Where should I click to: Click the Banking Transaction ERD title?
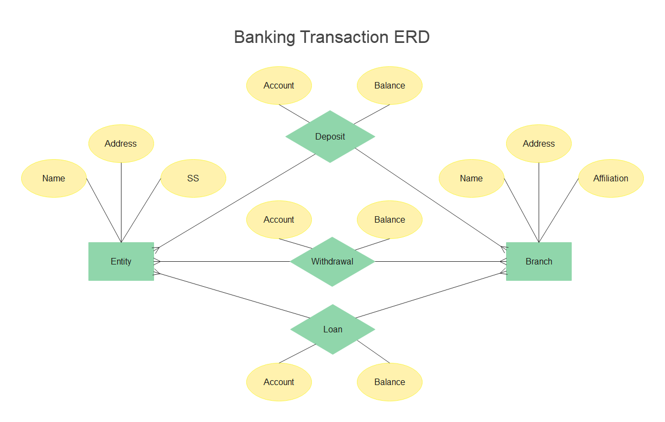tap(331, 37)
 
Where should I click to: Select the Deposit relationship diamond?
tap(330, 136)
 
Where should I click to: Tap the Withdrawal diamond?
tap(332, 261)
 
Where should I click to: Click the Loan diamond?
tap(332, 329)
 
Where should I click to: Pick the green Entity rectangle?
tap(121, 261)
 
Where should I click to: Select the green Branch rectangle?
tap(539, 261)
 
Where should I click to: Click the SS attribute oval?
tap(193, 178)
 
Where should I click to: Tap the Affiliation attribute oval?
tap(610, 178)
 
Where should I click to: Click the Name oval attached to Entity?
tap(54, 178)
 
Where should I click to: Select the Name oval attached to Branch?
tap(471, 178)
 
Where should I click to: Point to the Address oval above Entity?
tap(121, 143)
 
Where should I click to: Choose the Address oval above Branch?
tap(539, 143)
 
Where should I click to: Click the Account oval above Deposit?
tap(279, 85)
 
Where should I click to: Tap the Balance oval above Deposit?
tap(389, 85)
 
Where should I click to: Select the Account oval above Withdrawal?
tap(279, 219)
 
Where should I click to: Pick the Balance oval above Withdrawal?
tap(389, 219)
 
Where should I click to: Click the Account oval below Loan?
tap(279, 382)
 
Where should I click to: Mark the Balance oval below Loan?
tap(389, 382)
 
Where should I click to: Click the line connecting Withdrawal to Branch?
tap(439, 261)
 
